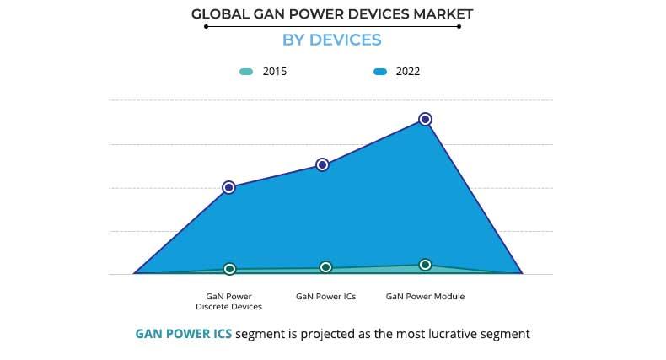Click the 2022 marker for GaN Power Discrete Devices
[228, 187]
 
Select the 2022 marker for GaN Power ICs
[322, 164]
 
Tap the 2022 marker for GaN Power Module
[426, 120]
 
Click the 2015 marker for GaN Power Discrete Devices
[229, 269]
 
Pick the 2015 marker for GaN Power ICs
[326, 267]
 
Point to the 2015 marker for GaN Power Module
[426, 265]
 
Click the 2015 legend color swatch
[245, 72]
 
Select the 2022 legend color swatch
[380, 72]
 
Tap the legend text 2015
[275, 72]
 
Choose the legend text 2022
[408, 72]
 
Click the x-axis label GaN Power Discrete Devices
[229, 302]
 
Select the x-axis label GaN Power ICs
[326, 297]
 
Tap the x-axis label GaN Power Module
[425, 297]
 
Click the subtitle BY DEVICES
[333, 40]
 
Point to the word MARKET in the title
[443, 13]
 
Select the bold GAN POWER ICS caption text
[184, 334]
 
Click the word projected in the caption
[325, 334]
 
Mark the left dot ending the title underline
[206, 26]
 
